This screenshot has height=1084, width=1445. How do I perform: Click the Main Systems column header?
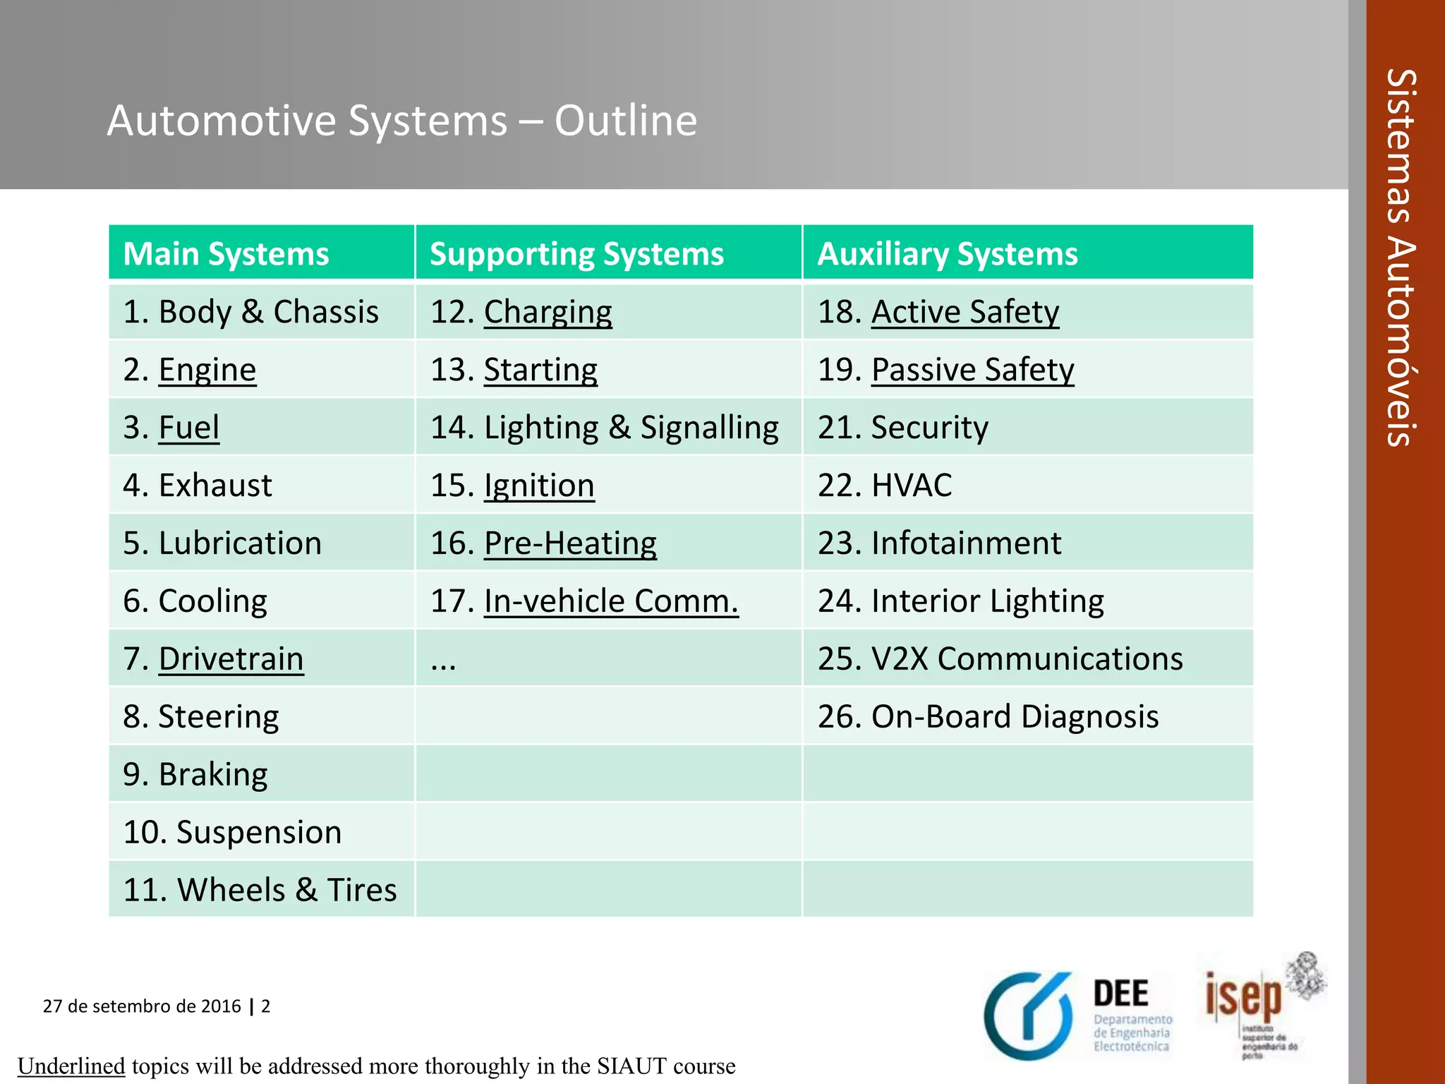pyautogui.click(x=226, y=254)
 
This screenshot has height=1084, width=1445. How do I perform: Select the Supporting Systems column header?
pyautogui.click(x=576, y=254)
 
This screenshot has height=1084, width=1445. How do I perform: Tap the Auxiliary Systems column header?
pyautogui.click(x=948, y=254)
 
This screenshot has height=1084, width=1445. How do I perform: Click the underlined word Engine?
pyautogui.click(x=207, y=370)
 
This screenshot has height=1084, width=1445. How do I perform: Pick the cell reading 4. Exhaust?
pyautogui.click(x=198, y=486)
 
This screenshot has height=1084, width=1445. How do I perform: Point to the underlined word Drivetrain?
pyautogui.click(x=231, y=659)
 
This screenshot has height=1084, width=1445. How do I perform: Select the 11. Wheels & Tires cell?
pyautogui.click(x=260, y=890)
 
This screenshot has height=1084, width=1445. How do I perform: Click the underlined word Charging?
pyautogui.click(x=548, y=312)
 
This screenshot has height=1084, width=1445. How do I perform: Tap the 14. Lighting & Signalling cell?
pyautogui.click(x=605, y=428)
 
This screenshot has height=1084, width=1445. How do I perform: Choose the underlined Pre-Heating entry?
pyautogui.click(x=570, y=543)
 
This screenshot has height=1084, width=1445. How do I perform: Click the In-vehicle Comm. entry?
pyautogui.click(x=611, y=601)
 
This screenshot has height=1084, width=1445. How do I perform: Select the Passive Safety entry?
pyautogui.click(x=973, y=370)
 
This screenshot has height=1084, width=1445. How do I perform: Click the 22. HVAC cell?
pyautogui.click(x=885, y=486)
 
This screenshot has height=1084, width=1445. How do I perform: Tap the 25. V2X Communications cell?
pyautogui.click(x=1000, y=659)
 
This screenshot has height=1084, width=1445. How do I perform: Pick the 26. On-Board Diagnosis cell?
pyautogui.click(x=988, y=717)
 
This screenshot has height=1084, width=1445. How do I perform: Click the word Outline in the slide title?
pyautogui.click(x=626, y=120)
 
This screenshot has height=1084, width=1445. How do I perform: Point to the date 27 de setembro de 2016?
pyautogui.click(x=142, y=1006)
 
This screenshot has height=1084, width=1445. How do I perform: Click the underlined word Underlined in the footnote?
pyautogui.click(x=71, y=1066)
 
